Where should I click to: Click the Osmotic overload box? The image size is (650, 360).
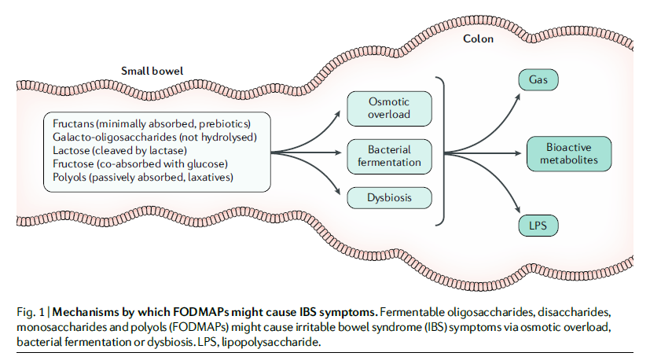pyautogui.click(x=389, y=108)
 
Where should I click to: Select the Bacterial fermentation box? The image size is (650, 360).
pyautogui.click(x=389, y=155)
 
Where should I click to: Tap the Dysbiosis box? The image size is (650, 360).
pyautogui.click(x=389, y=197)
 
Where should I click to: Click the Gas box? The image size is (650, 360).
pyautogui.click(x=538, y=80)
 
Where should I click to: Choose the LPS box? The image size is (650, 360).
pyautogui.click(x=538, y=226)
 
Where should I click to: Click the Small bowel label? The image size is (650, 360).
pyautogui.click(x=152, y=71)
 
